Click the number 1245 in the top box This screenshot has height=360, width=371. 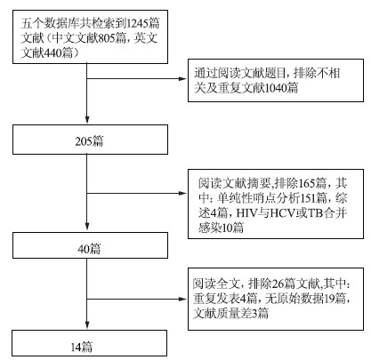tap(138, 23)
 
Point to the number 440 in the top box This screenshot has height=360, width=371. tap(52, 53)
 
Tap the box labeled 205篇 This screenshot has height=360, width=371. tap(90, 140)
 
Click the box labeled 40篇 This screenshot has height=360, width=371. tap(90, 245)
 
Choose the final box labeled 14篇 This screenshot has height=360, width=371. tap(89, 343)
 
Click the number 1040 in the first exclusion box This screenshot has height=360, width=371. tap(276, 88)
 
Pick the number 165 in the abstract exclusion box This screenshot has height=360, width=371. tap(307, 183)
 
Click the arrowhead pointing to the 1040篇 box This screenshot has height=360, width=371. tap(183, 79)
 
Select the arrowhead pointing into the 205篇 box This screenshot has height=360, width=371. tap(87, 119)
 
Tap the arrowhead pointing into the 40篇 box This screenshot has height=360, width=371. tap(87, 226)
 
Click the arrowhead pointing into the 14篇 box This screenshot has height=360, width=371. tap(87, 324)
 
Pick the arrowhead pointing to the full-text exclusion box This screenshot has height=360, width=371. tap(183, 299)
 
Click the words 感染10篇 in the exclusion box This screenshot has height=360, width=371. tap(222, 228)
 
